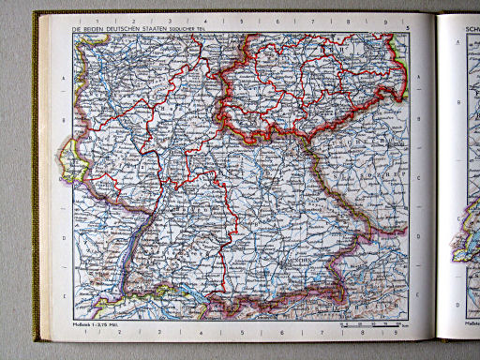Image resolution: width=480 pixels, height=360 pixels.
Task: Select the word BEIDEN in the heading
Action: [x=98, y=29]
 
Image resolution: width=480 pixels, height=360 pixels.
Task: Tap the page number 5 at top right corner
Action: [x=409, y=29]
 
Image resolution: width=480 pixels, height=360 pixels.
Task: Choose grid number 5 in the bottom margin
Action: [x=241, y=330]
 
